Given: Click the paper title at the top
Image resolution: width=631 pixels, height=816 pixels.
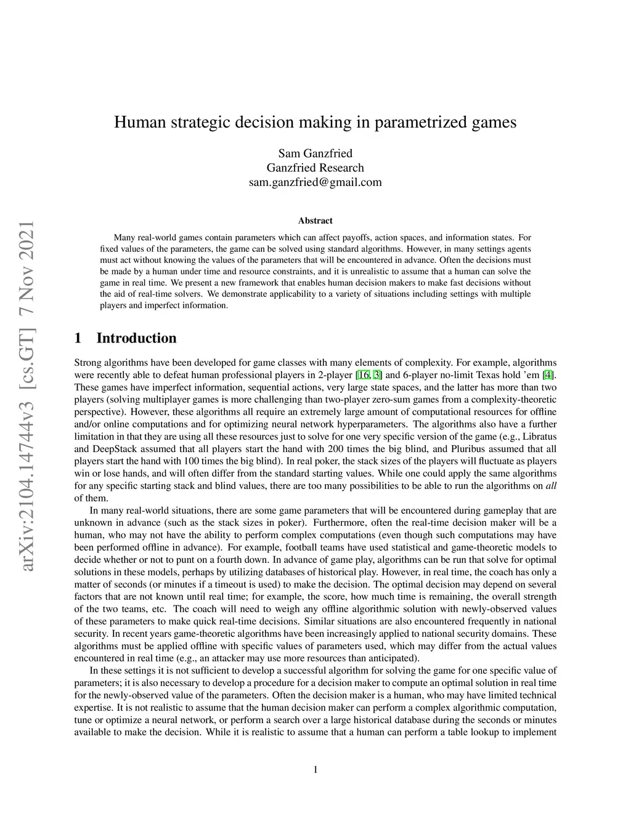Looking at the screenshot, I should pos(315,122).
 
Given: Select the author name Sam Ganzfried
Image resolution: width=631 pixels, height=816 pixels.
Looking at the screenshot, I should pos(315,153).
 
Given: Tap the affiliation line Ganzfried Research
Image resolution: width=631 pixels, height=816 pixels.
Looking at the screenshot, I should pos(315,168).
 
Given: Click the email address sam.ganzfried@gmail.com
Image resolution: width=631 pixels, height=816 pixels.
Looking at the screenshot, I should pos(315,182).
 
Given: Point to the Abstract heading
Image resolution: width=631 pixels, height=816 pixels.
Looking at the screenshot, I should pos(315,220).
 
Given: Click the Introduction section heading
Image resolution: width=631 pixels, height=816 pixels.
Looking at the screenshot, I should pos(136,338).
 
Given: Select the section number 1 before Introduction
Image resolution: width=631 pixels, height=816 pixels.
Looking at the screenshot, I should pos(78,338).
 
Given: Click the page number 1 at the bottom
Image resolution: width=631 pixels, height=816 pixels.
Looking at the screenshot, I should pos(315,769).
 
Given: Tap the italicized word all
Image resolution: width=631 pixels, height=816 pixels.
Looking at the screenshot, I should pos(551,486).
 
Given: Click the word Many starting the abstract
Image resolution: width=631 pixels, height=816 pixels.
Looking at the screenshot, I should pos(124,238).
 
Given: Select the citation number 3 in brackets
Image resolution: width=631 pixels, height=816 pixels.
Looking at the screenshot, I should pos(378,375).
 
